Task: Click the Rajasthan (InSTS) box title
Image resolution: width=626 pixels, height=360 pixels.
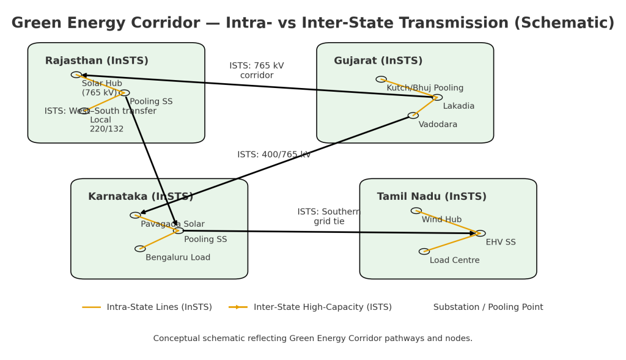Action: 97,61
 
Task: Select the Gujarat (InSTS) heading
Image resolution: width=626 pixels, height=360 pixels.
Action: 378,61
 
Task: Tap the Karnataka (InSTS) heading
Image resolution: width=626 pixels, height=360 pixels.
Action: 141,197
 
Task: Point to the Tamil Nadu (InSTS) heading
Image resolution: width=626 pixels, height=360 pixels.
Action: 432,197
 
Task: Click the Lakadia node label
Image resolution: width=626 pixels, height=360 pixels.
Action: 458,106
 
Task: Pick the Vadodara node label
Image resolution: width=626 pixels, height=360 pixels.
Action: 438,125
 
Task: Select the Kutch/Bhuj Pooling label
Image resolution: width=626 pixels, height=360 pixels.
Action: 425,88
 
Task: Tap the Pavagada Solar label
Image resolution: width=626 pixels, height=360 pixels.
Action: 172,224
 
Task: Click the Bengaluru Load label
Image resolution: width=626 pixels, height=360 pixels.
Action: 178,258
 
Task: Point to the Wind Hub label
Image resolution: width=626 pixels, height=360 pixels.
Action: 441,219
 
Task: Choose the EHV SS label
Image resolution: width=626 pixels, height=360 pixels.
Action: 501,243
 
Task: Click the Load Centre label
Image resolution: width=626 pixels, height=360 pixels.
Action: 454,260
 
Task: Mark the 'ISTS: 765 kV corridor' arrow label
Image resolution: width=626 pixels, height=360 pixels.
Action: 257,71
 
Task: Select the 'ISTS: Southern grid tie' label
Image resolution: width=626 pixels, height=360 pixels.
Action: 329,217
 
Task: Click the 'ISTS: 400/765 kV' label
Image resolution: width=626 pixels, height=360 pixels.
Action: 274,155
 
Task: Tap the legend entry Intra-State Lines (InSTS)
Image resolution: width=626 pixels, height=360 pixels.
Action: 159,307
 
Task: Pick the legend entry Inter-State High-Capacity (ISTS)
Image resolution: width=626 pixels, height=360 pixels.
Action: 322,307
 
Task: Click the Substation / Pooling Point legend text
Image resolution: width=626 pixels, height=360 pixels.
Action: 488,307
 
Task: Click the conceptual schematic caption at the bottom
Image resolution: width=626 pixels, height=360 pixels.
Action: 312,339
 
